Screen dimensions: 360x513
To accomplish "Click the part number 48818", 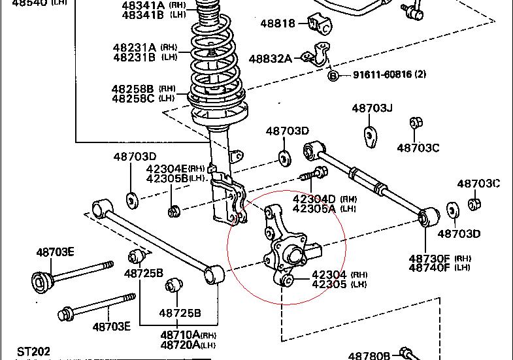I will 278,24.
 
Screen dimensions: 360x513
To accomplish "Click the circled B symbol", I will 333,75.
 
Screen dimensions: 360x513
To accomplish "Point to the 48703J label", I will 372,108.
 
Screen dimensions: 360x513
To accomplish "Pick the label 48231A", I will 135,47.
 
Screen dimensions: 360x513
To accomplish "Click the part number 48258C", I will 133,99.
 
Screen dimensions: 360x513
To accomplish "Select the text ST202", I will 34,352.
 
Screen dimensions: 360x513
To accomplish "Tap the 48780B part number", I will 369,355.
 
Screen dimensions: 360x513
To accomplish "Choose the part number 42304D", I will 314,199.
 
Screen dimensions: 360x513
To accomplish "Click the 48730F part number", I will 429,258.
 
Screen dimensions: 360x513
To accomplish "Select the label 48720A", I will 180,344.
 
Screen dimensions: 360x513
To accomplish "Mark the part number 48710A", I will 180,335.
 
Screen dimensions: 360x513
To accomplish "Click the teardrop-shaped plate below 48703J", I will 371,136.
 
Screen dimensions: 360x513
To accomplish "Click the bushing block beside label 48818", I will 319,24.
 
